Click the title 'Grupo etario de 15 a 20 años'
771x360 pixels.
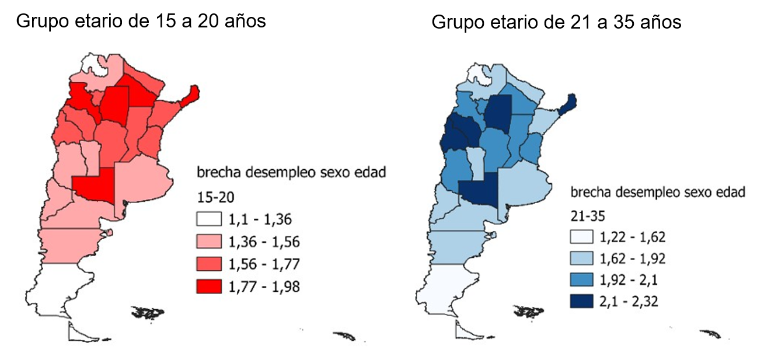click(x=141, y=22)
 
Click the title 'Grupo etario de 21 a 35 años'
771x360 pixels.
click(x=556, y=22)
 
